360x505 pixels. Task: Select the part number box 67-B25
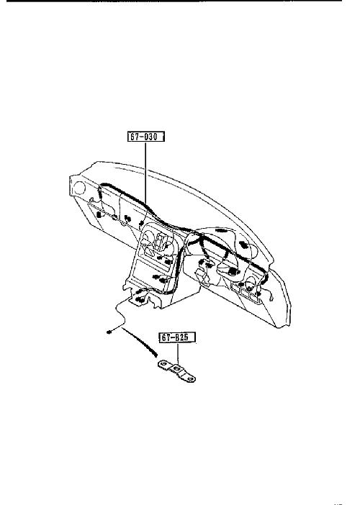pyautogui.click(x=178, y=337)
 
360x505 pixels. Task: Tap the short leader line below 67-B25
pyautogui.click(x=178, y=353)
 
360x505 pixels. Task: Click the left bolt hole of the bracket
pyautogui.click(x=163, y=364)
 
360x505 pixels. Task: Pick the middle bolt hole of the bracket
pyautogui.click(x=176, y=368)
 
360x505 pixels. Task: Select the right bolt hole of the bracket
pyautogui.click(x=191, y=379)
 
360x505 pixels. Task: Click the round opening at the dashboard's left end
pyautogui.click(x=79, y=188)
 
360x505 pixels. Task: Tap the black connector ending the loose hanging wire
pyautogui.click(x=109, y=332)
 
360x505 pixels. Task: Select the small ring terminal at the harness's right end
pyautogui.click(x=271, y=299)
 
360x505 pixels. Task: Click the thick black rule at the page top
pyautogui.click(x=174, y=1)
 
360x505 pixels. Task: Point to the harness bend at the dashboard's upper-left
pyautogui.click(x=102, y=187)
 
